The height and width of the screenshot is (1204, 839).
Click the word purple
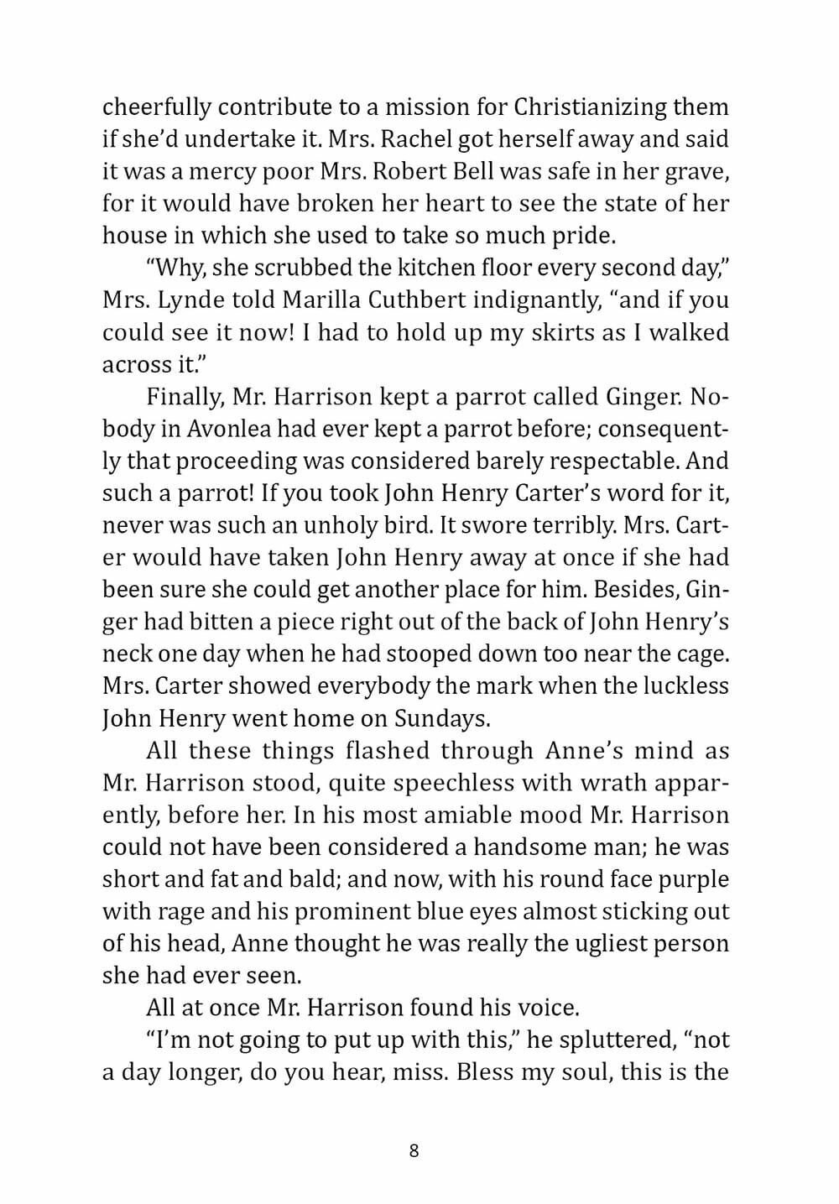(685, 879)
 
